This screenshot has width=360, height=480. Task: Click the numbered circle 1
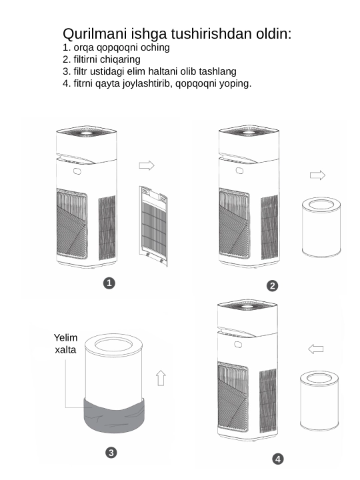[x=109, y=283]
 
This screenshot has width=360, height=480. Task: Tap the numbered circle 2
[x=273, y=286]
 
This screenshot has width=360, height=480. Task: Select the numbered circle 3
[x=111, y=453]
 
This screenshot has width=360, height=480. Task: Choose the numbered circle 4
[x=278, y=459]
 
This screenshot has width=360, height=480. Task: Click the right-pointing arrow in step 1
[x=147, y=165]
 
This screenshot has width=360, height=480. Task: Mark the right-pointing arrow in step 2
[x=317, y=175]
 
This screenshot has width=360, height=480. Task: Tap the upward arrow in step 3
[x=161, y=378]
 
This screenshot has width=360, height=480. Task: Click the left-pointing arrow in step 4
[x=315, y=349]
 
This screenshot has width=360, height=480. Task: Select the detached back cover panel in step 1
[x=153, y=226]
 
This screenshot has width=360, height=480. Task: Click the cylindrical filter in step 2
[x=321, y=227]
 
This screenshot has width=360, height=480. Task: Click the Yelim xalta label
[x=65, y=343]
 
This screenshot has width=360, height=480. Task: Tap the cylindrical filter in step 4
[x=319, y=401]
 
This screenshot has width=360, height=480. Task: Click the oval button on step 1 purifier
[x=77, y=171]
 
